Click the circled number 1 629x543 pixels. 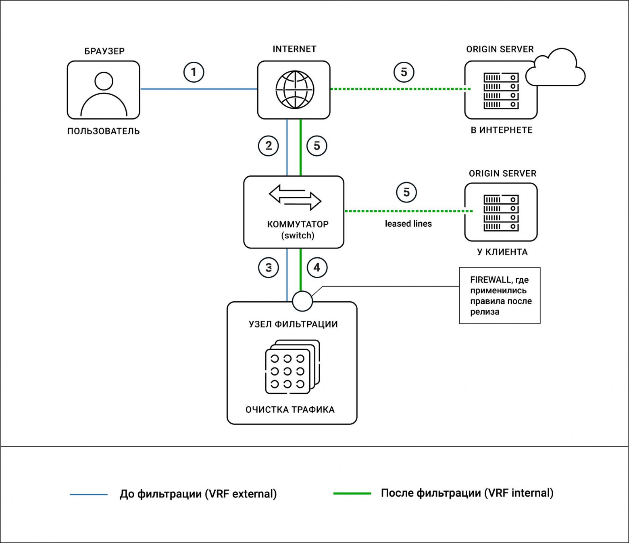coord(194,72)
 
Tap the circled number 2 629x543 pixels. coord(269,146)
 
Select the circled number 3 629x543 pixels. coord(269,268)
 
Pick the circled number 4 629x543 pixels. coord(317,268)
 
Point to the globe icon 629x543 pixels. coord(295,90)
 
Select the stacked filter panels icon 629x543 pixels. coord(292,367)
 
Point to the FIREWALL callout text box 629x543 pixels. coord(500,295)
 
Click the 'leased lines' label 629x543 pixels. coord(408,224)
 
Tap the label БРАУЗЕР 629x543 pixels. coord(104,51)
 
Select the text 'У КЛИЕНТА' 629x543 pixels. coord(502,252)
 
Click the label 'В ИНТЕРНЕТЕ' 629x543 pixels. coord(502,130)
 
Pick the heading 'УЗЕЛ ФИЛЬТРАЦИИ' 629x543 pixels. coord(294,324)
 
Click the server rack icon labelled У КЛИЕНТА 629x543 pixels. coord(501,213)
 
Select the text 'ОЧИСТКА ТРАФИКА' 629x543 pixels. coord(290,409)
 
